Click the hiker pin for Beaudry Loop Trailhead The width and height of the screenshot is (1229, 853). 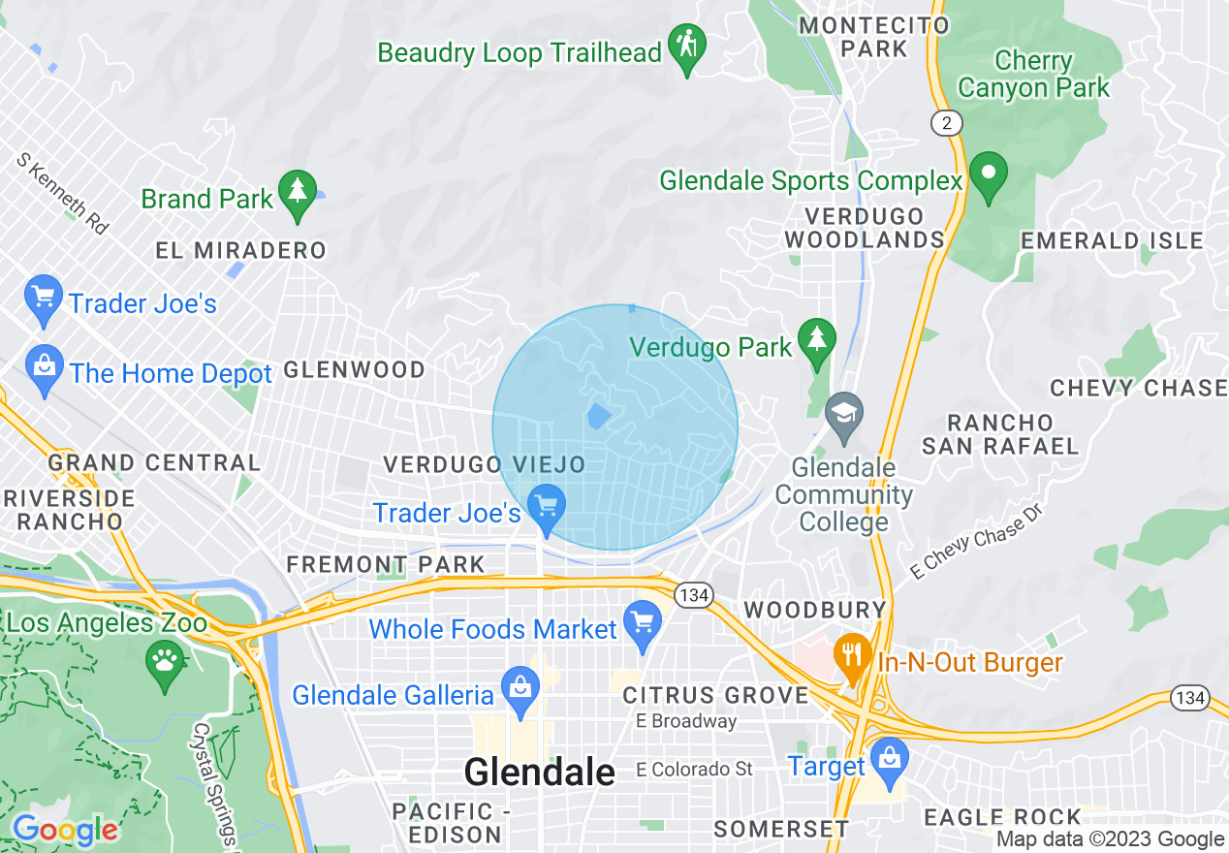(687, 47)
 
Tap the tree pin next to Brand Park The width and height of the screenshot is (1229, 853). (298, 193)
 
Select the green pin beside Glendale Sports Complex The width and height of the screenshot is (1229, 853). (989, 175)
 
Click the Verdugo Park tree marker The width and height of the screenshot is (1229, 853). (816, 341)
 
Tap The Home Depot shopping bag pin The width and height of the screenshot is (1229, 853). (45, 369)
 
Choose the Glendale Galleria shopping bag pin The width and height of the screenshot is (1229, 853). (520, 690)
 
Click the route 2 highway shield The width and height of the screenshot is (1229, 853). (946, 122)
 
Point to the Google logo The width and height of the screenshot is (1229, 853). (65, 830)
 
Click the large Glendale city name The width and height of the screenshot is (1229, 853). (539, 773)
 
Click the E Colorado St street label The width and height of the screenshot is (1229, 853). (694, 770)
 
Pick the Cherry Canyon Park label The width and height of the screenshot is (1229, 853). (1033, 74)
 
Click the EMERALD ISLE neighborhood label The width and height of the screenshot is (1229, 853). (1112, 240)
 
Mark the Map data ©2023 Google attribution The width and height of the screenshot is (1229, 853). (1110, 839)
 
